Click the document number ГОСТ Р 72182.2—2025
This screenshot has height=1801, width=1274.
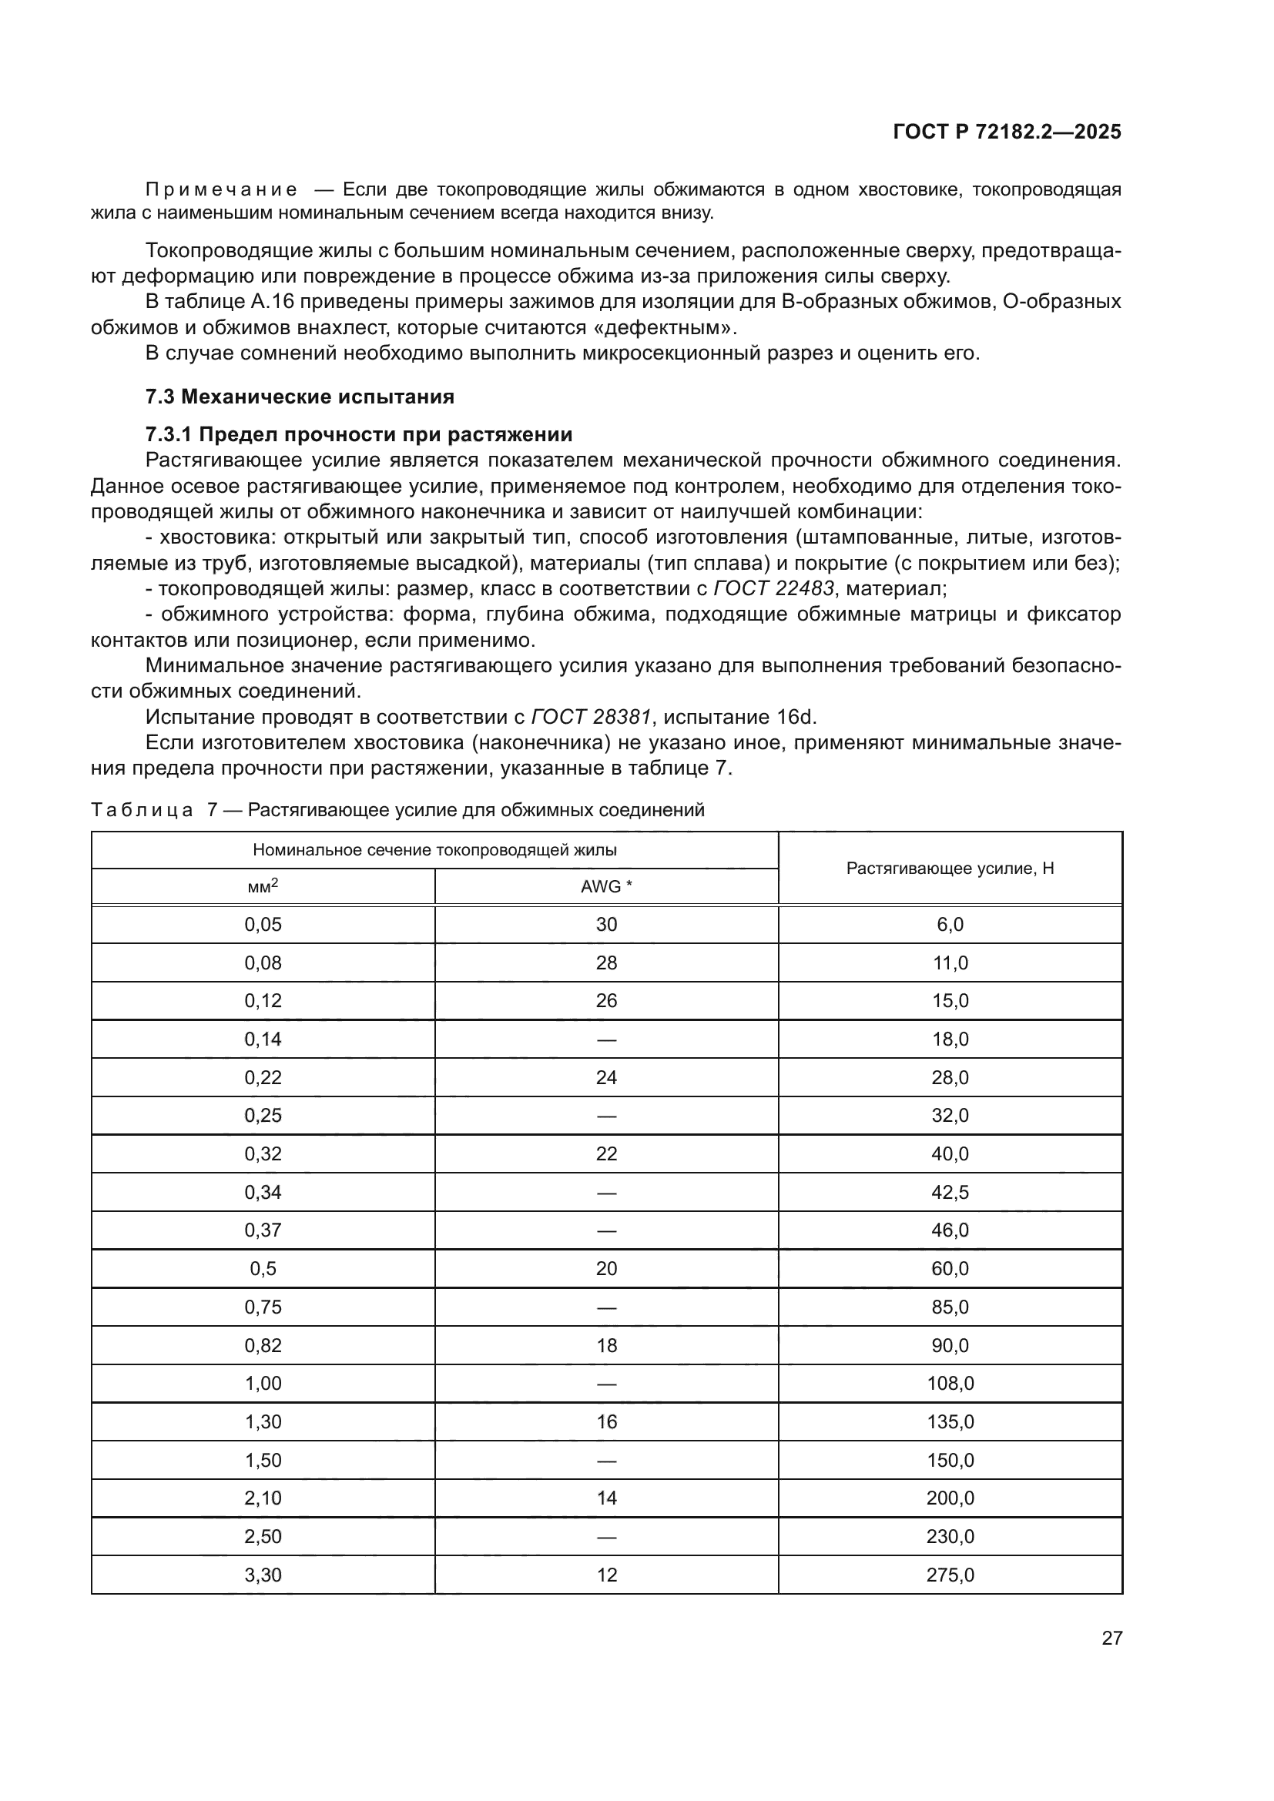[1007, 132]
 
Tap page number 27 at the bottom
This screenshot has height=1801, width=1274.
[1111, 1638]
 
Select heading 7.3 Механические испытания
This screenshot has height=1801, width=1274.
[300, 397]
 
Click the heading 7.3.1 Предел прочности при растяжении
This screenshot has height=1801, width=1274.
[358, 434]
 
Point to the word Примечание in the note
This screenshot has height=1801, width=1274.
[222, 190]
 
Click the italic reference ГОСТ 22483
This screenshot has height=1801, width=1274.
[773, 588]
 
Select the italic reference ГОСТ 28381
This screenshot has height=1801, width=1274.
[591, 717]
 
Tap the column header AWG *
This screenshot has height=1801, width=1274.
[606, 886]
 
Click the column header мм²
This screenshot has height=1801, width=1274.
[263, 886]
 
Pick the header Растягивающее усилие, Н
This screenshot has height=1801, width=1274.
[950, 869]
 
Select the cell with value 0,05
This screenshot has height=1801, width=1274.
[263, 925]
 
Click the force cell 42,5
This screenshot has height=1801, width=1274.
[950, 1192]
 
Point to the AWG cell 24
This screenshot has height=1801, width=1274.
[606, 1078]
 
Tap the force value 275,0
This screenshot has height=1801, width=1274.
[950, 1575]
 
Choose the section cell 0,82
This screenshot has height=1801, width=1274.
[263, 1345]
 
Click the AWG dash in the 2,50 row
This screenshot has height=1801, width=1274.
[606, 1537]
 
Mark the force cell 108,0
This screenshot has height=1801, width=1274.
[950, 1384]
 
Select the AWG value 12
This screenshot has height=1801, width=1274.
[606, 1575]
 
